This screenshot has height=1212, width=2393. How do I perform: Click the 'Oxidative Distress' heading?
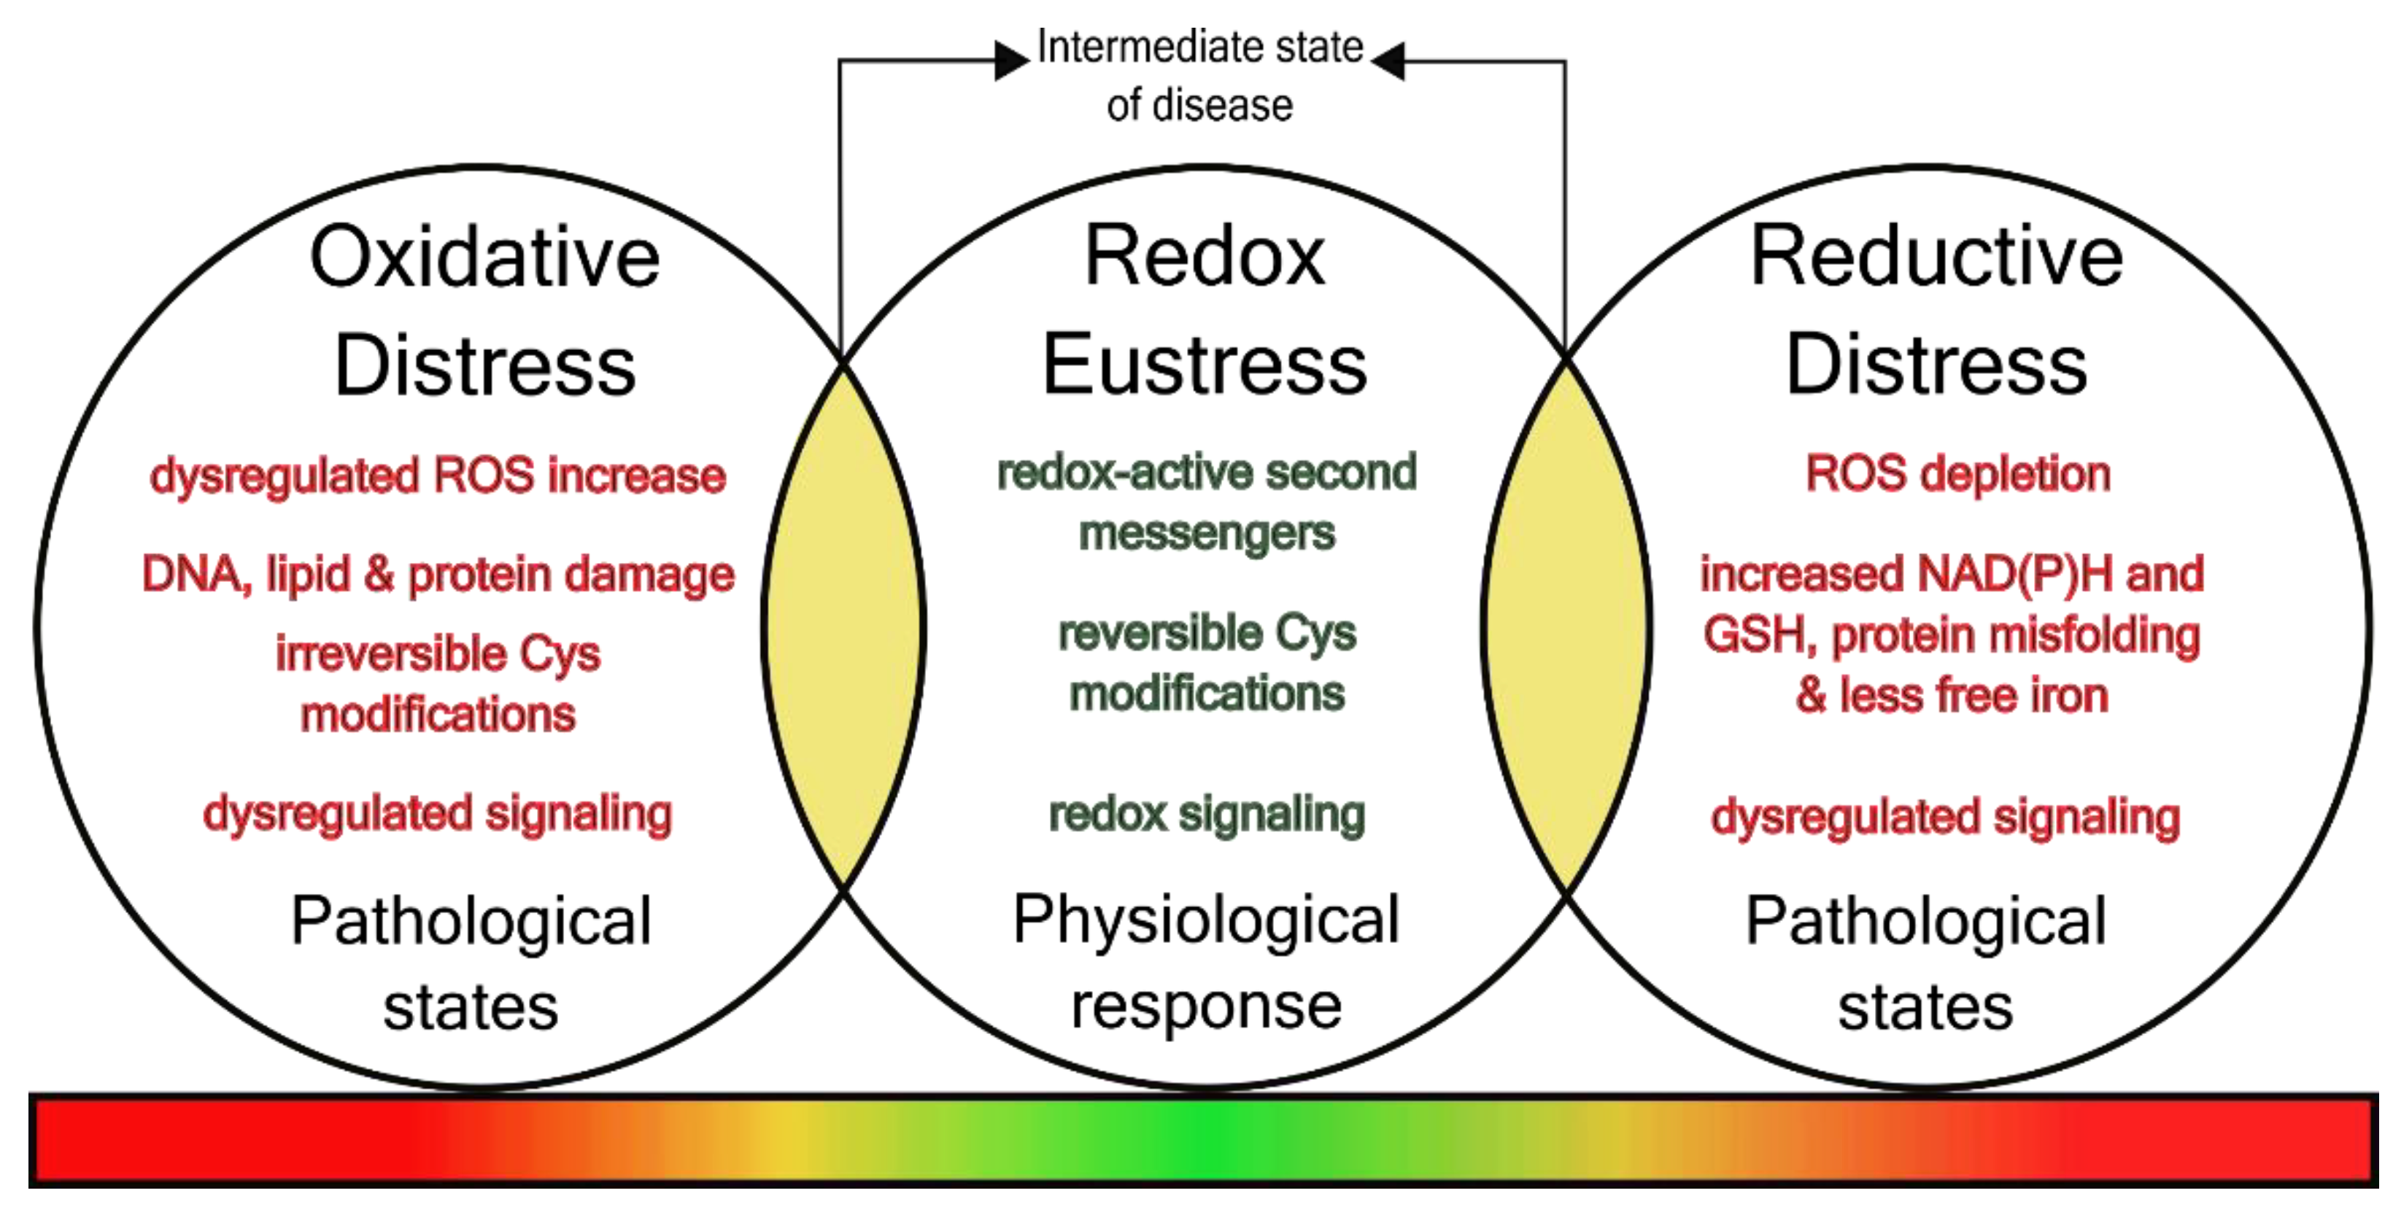(x=485, y=311)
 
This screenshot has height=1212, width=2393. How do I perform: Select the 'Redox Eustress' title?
(x=1205, y=311)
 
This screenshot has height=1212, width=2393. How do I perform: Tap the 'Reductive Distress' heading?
(x=1937, y=311)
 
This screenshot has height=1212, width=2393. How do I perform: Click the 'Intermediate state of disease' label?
(x=1199, y=75)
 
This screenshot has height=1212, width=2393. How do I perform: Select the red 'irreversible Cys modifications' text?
(x=438, y=683)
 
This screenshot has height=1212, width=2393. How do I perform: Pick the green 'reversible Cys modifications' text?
(x=1207, y=663)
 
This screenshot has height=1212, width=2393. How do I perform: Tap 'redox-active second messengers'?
(x=1207, y=502)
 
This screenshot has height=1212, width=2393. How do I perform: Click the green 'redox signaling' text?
(x=1207, y=814)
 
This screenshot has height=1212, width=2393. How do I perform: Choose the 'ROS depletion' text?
(x=1958, y=474)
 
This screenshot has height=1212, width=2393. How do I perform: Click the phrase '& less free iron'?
(x=1952, y=696)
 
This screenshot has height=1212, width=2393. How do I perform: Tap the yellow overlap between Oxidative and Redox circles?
(x=843, y=627)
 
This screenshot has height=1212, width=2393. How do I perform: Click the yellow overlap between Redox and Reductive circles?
(x=1566, y=627)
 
